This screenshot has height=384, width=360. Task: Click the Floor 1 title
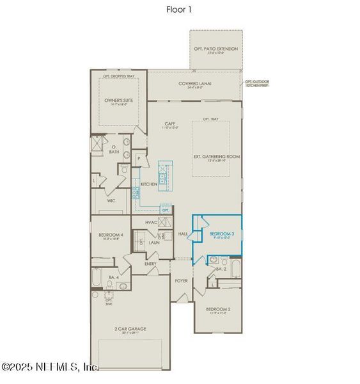click(180, 10)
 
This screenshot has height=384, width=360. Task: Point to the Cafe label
click(170, 125)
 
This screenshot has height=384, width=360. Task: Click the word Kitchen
click(149, 184)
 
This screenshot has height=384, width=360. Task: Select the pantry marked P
click(139, 157)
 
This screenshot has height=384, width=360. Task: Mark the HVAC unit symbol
click(165, 222)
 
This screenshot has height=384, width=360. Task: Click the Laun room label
click(153, 243)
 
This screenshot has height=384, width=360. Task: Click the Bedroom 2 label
click(218, 310)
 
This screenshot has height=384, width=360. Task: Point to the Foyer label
click(182, 280)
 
